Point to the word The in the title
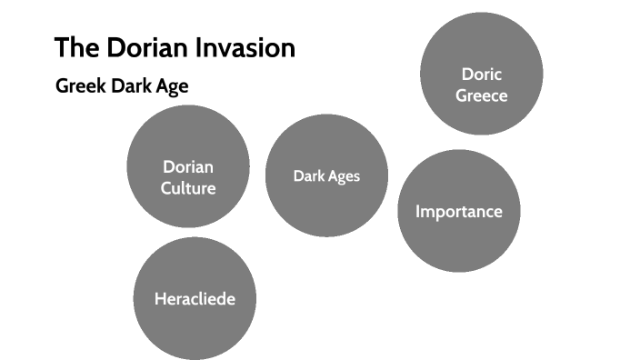click(x=74, y=47)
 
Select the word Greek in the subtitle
click(x=77, y=87)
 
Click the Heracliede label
click(x=195, y=298)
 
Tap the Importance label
click(x=458, y=212)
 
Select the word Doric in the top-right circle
click(x=481, y=75)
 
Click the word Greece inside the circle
click(x=481, y=95)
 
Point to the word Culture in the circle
click(x=188, y=188)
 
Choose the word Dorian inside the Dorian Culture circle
click(x=188, y=167)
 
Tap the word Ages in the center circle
click(x=344, y=175)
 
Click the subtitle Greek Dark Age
click(x=122, y=87)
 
